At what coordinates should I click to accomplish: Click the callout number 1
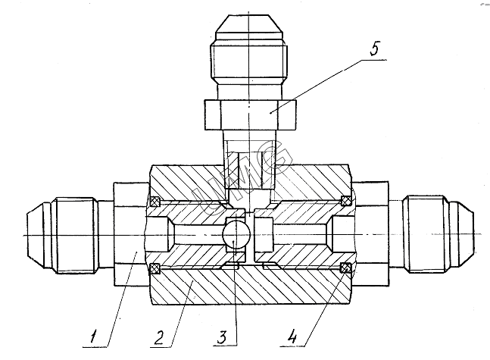[x=93, y=337]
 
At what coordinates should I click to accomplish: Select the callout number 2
[x=159, y=337]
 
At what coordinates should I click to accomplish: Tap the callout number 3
[x=222, y=337]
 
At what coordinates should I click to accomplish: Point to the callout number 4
[x=292, y=337]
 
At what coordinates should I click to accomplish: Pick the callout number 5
[x=374, y=49]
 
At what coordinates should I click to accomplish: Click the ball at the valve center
[x=236, y=235]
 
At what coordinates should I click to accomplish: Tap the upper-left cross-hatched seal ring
[x=155, y=202]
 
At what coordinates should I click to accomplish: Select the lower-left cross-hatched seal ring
[x=155, y=268]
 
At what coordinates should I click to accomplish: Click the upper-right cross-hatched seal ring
[x=345, y=201]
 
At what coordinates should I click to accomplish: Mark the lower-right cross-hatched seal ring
[x=345, y=268]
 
